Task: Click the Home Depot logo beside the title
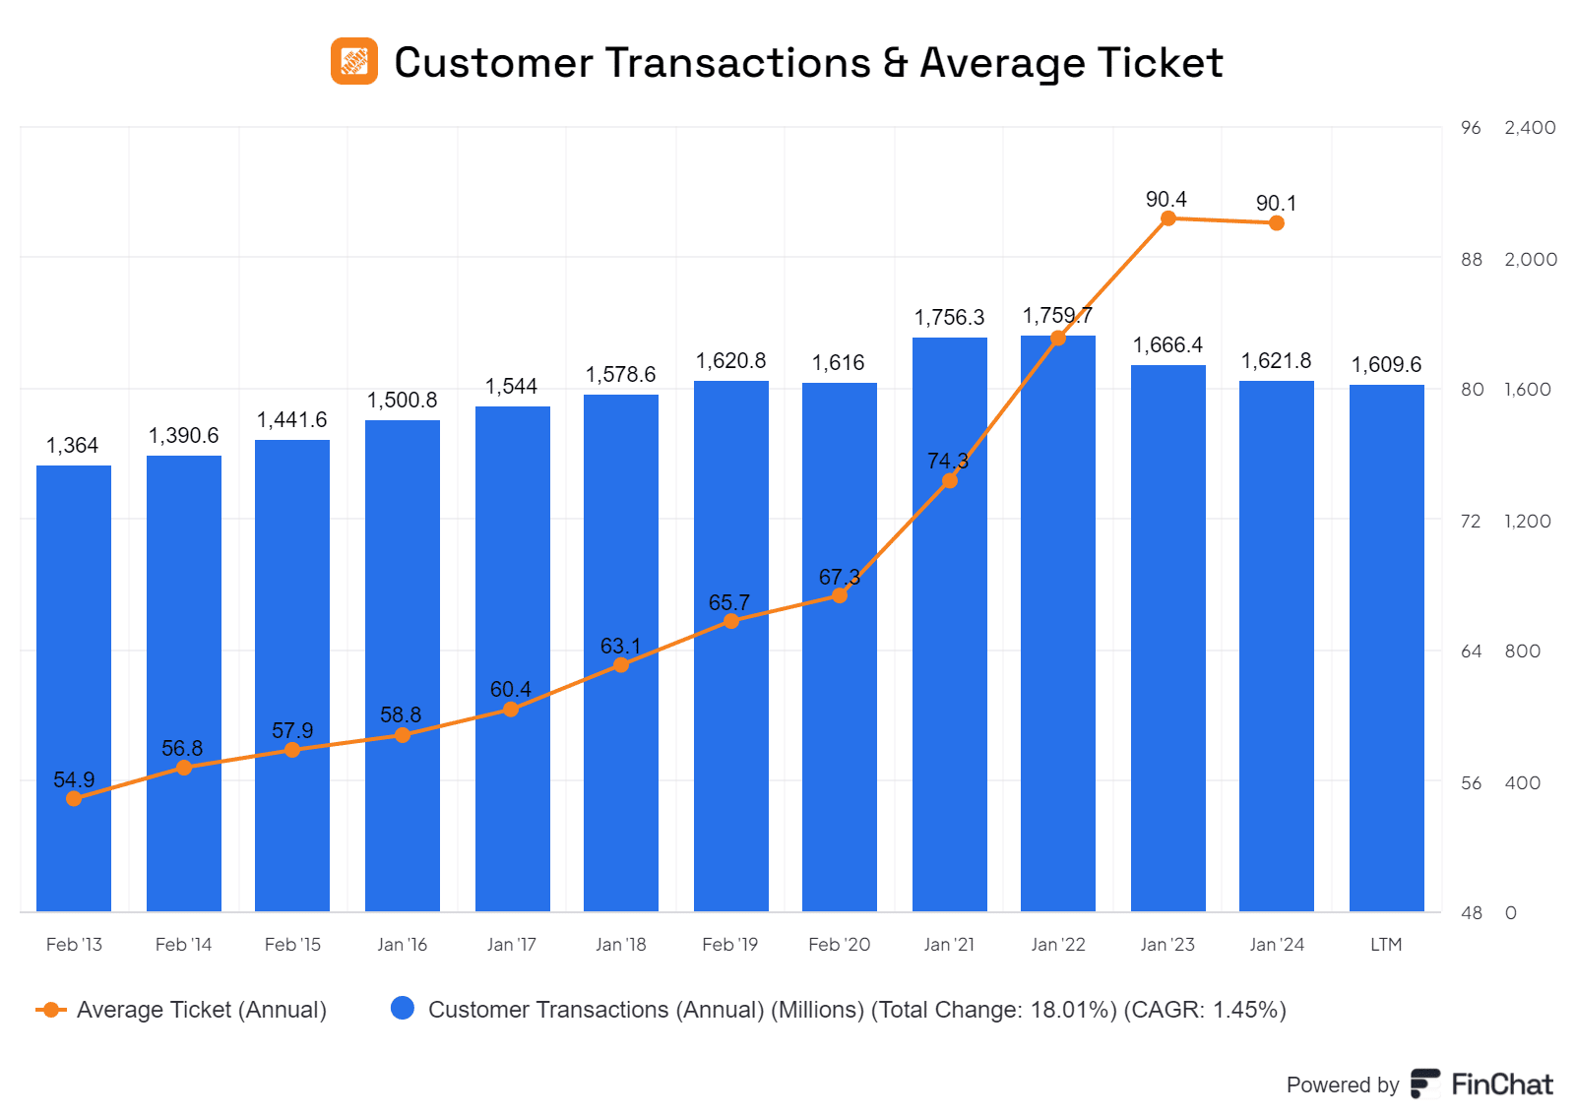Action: click(x=353, y=61)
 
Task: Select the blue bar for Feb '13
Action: click(x=74, y=689)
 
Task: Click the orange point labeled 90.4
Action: click(x=1168, y=218)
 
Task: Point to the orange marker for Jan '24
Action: click(x=1277, y=223)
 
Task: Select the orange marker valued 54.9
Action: click(x=74, y=798)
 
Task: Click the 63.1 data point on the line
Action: click(x=621, y=665)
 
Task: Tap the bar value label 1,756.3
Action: click(x=949, y=317)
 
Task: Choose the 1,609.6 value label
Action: click(x=1386, y=365)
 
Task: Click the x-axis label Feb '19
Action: click(x=729, y=945)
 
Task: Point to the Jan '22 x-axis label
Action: click(x=1058, y=945)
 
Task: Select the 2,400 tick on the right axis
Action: click(x=1530, y=128)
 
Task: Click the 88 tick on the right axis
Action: click(x=1472, y=259)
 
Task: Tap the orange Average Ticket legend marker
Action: click(x=51, y=1010)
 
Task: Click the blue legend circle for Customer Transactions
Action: click(x=403, y=1009)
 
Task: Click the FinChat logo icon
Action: click(x=1424, y=1084)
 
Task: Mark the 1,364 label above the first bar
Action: click(x=73, y=446)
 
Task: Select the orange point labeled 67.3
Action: click(x=840, y=595)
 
